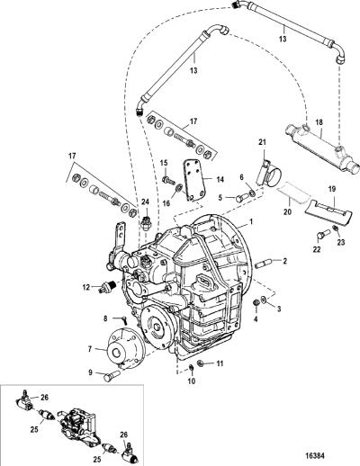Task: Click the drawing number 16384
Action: [x=313, y=456]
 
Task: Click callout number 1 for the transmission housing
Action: [x=251, y=221]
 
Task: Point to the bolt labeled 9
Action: [x=112, y=376]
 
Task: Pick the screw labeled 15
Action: [x=168, y=181]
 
